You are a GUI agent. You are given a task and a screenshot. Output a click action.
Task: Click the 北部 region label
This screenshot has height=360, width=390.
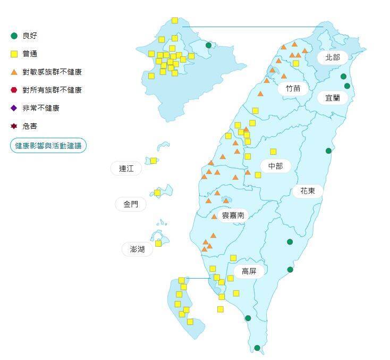click(333, 57)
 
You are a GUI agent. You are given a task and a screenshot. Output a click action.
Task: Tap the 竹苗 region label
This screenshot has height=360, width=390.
click(293, 88)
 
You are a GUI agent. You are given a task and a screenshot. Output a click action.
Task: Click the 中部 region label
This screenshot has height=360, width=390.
click(275, 166)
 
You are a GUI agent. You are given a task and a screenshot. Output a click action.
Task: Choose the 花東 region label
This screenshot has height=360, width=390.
click(308, 190)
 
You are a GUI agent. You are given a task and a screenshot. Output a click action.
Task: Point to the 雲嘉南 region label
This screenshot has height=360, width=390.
click(233, 215)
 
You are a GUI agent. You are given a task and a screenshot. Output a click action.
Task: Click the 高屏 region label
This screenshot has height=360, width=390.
click(249, 271)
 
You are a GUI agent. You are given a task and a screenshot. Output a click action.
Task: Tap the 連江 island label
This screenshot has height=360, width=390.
click(126, 169)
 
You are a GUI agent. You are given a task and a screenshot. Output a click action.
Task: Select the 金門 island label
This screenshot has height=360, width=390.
click(131, 204)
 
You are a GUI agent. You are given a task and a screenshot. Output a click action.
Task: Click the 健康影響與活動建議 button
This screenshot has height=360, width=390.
click(48, 145)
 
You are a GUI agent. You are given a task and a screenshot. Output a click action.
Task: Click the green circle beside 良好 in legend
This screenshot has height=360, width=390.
click(14, 36)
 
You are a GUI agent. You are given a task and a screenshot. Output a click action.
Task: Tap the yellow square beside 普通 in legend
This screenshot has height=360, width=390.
click(14, 54)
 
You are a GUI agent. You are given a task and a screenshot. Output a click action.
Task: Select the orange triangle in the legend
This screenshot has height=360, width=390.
click(14, 72)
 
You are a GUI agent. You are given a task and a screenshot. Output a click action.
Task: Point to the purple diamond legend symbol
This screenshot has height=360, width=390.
click(14, 108)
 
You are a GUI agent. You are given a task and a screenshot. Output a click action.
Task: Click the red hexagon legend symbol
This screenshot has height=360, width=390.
click(14, 90)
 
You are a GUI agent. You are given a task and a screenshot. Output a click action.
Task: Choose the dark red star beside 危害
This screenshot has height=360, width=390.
click(14, 126)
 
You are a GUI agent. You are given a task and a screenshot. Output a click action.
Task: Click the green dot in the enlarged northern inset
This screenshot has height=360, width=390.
click(208, 45)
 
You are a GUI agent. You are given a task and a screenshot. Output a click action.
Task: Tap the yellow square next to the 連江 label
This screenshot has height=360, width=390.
click(153, 161)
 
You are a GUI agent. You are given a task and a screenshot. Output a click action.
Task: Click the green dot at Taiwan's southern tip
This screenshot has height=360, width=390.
click(257, 348)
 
